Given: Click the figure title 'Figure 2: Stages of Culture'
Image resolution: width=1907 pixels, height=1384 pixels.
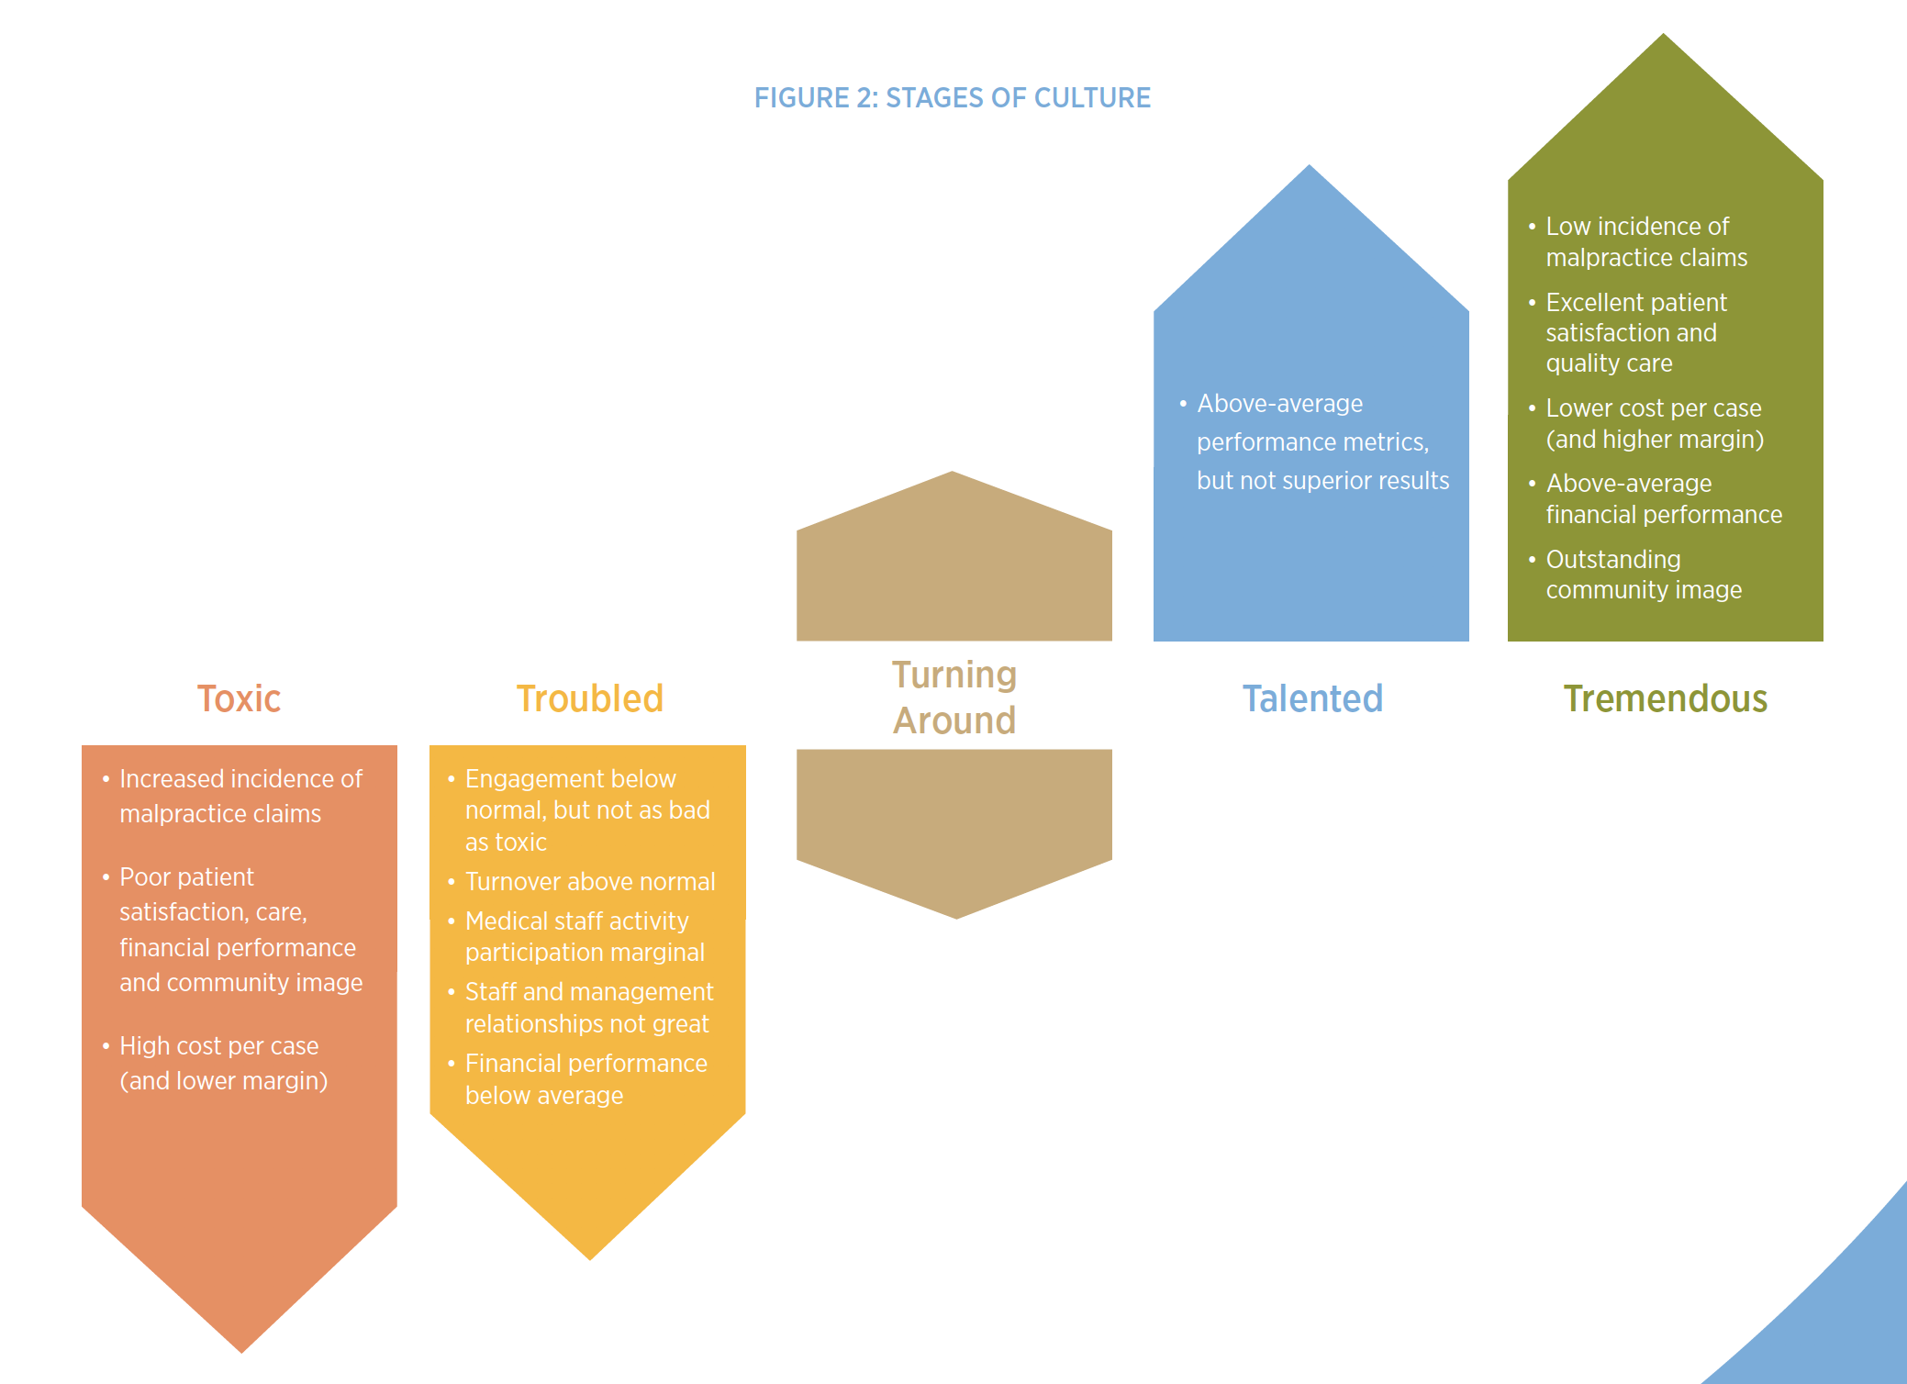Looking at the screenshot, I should [x=952, y=97].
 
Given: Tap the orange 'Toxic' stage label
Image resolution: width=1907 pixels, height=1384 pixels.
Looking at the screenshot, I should [x=239, y=698].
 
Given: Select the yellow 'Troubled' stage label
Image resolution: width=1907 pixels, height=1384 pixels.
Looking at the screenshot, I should [x=589, y=698].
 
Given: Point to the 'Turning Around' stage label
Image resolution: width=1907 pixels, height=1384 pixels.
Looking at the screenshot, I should [x=954, y=698].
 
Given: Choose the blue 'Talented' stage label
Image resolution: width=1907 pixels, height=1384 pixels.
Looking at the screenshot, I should [x=1312, y=698].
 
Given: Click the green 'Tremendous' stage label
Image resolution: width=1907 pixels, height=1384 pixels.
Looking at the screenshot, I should [x=1665, y=698].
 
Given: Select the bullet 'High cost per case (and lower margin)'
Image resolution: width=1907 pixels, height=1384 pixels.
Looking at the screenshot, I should [x=222, y=1063].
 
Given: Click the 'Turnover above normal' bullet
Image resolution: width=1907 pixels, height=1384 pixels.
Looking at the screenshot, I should [x=589, y=881].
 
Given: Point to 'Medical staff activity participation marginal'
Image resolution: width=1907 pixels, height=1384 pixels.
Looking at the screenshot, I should [x=584, y=936].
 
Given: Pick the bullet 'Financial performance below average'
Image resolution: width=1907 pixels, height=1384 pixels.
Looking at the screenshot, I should [x=585, y=1078].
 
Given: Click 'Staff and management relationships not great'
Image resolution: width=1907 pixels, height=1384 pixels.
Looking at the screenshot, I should [x=588, y=1007].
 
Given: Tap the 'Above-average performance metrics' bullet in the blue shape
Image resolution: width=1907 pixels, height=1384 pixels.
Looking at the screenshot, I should [x=1322, y=441].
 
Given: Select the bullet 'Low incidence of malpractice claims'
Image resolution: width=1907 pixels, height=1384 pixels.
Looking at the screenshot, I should [x=1645, y=241].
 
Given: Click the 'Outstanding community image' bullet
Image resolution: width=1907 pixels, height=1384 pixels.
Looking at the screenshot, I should [x=1643, y=574].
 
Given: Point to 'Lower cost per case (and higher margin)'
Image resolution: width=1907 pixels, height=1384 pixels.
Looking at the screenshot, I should [x=1654, y=423].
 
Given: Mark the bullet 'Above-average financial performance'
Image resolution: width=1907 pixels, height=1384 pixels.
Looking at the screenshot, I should [x=1663, y=498].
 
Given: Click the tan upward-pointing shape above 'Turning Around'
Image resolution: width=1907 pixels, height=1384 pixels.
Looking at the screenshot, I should [x=953, y=569].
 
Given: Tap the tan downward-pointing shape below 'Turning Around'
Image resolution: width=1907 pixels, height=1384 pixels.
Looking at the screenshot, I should [x=953, y=826].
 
